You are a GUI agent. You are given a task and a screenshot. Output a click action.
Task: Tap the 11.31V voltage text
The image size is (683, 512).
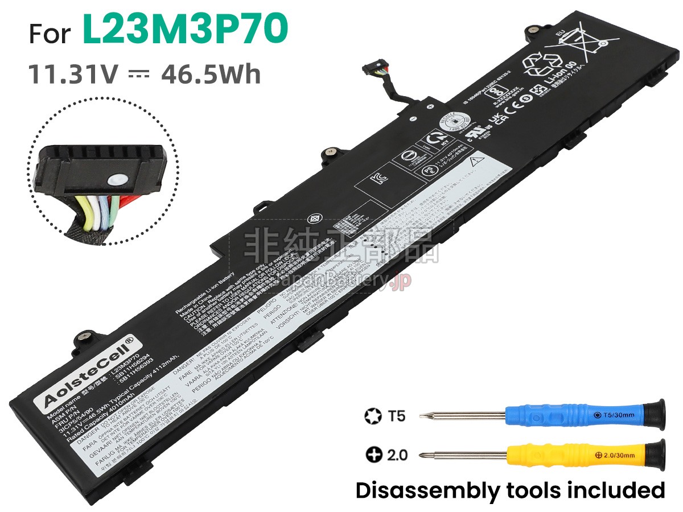(x=74, y=75)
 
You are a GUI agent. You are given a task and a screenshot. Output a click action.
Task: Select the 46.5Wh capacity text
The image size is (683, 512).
(x=211, y=75)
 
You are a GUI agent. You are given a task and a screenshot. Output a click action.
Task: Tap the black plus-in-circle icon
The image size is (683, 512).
(x=373, y=456)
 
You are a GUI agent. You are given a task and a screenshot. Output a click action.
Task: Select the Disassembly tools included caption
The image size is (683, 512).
(x=510, y=490)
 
